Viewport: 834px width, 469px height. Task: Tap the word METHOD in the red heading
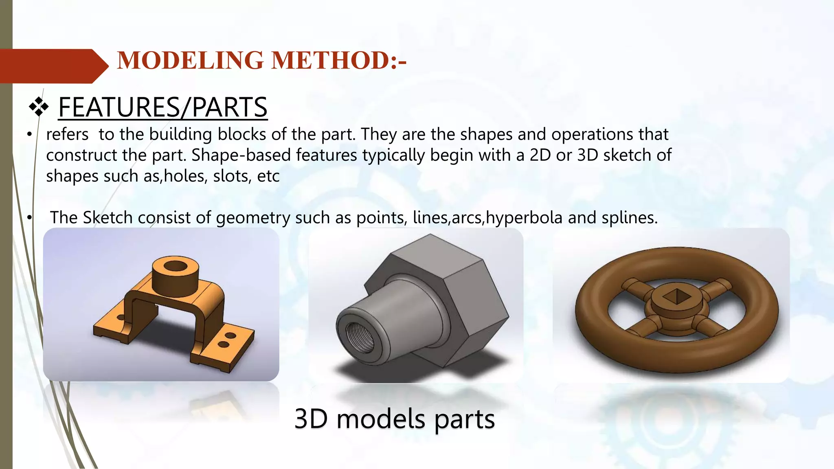click(330, 60)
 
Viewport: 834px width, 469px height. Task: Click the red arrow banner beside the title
click(53, 66)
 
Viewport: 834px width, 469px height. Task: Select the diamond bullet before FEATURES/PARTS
click(39, 107)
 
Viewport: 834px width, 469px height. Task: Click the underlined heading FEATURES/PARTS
click(162, 107)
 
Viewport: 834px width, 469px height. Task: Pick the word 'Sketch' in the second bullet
click(108, 217)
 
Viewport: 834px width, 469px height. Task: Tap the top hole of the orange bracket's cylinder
click(175, 266)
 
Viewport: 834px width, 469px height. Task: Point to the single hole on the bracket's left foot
click(121, 317)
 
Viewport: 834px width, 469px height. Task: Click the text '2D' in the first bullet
click(540, 155)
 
